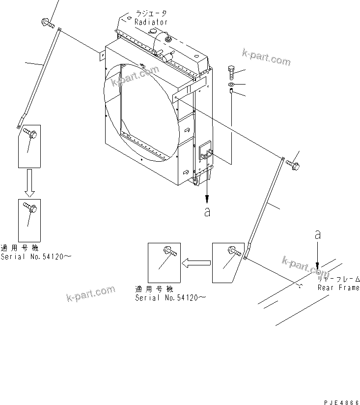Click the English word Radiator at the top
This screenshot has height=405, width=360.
151,22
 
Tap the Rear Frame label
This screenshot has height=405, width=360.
338,288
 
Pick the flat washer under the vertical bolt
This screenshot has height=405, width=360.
232,84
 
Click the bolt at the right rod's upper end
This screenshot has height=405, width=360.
293,165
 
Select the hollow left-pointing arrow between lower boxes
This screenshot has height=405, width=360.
195,263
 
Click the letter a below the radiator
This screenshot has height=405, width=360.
207,212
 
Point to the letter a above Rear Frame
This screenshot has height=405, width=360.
318,235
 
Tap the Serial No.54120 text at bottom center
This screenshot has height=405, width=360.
170,298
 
